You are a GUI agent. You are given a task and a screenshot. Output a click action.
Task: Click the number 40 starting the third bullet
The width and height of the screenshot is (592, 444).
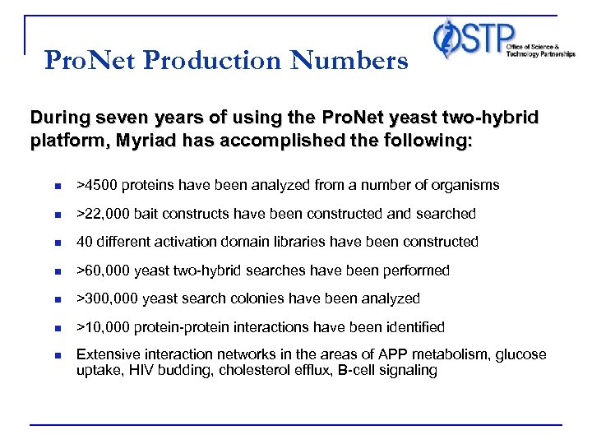tap(84, 242)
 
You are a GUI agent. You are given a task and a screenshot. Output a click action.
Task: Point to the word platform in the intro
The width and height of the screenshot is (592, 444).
tap(62, 141)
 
